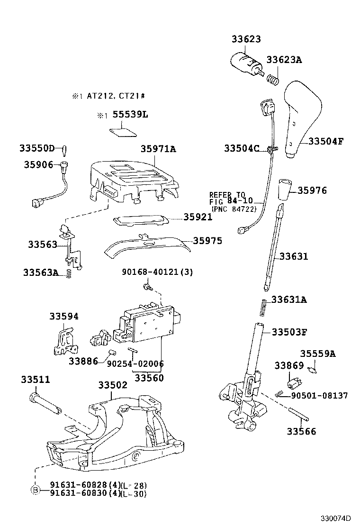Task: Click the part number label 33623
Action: tap(246, 39)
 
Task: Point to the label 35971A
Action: tap(158, 149)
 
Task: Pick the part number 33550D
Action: tap(37, 148)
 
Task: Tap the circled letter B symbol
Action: tap(35, 490)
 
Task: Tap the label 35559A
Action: tap(317, 354)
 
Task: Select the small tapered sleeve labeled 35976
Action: tap(284, 190)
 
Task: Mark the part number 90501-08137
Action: tap(319, 395)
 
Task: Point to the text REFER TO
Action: tap(227, 195)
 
